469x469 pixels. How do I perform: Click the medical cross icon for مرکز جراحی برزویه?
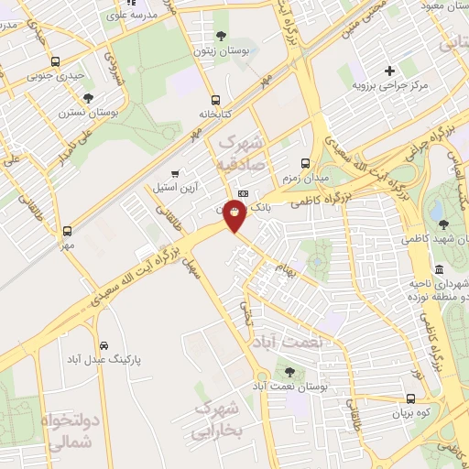tap(389, 71)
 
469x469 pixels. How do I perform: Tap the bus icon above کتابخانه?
tap(215, 100)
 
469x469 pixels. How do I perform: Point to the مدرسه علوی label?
tap(127, 16)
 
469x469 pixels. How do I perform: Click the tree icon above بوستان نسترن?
tap(89, 97)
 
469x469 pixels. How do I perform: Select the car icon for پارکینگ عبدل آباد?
tap(104, 345)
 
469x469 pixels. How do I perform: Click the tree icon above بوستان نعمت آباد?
tap(290, 372)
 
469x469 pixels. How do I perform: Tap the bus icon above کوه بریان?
tap(410, 399)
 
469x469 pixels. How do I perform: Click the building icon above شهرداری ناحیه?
tap(439, 269)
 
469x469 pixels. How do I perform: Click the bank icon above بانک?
tap(243, 194)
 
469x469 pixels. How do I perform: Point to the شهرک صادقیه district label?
tap(241, 153)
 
